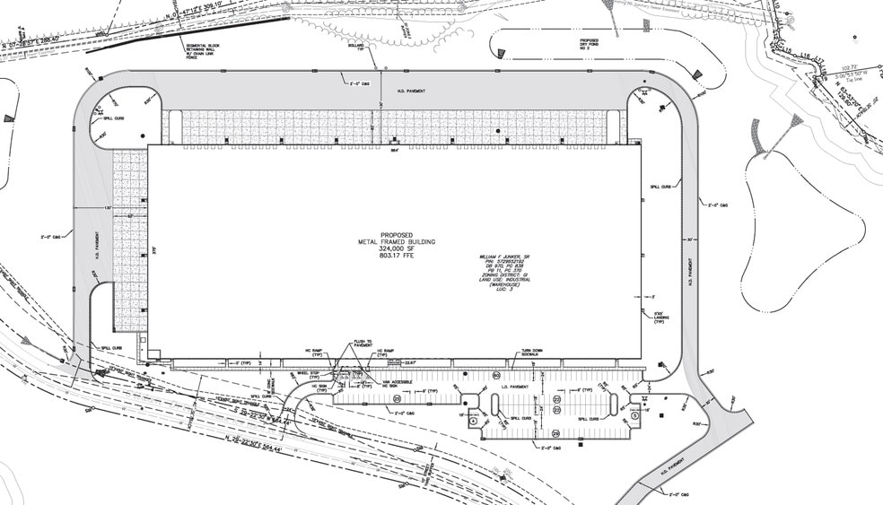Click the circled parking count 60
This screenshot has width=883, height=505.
(496, 376)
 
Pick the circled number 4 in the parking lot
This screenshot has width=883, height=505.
(473, 421)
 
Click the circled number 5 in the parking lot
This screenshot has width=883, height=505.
(634, 414)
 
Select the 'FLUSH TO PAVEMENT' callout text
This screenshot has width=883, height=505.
(363, 344)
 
